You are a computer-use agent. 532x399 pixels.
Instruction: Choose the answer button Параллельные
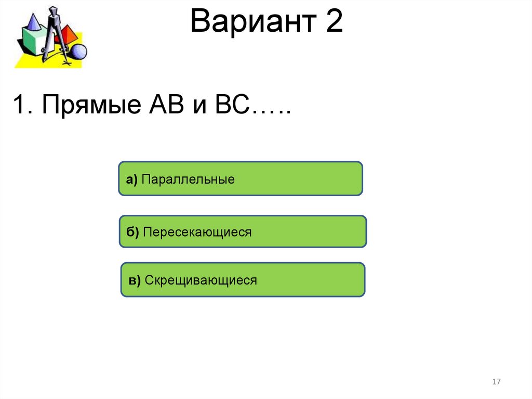(x=240, y=178)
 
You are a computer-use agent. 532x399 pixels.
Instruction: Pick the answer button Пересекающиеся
(x=243, y=231)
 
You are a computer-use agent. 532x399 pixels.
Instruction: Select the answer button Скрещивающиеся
(x=243, y=280)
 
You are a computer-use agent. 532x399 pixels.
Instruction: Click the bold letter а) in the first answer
(x=131, y=180)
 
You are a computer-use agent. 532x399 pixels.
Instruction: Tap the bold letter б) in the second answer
(x=132, y=233)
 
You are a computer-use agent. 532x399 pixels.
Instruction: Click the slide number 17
(x=496, y=382)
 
